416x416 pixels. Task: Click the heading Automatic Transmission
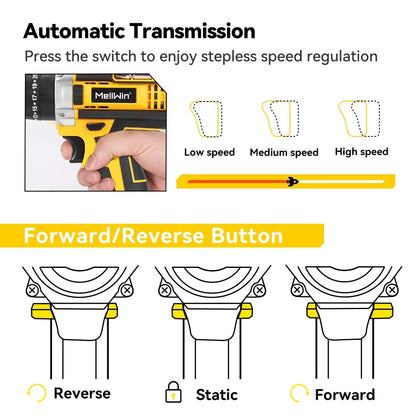pos(139,31)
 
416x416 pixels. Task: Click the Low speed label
pos(209,152)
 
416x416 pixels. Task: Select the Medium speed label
pos(283,152)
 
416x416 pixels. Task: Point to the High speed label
pos(361,152)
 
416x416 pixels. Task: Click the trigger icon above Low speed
pos(208,120)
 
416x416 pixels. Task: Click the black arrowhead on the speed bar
pos(292,182)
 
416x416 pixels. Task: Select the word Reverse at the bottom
pos(81,393)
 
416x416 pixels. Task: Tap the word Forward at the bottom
pos(345,394)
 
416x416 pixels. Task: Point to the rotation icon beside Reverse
pos(37,393)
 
